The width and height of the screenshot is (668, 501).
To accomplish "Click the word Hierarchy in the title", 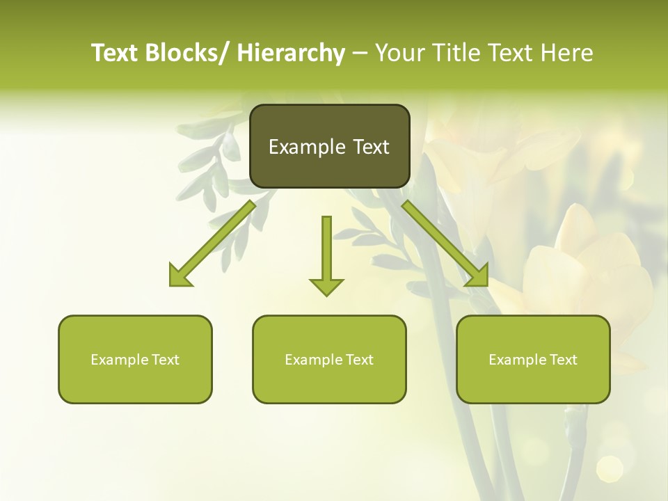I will tap(291, 53).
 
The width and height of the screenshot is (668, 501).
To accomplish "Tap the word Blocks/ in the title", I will tap(184, 53).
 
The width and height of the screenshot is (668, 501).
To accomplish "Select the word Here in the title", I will tap(567, 53).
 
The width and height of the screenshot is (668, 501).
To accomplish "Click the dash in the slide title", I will tap(360, 53).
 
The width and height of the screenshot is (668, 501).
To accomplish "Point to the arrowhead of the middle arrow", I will tap(326, 286).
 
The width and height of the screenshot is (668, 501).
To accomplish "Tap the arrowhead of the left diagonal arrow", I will tap(180, 276).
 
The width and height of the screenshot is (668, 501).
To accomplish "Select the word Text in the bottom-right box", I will tap(562, 360).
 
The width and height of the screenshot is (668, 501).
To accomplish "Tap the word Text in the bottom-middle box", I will tap(358, 360).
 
